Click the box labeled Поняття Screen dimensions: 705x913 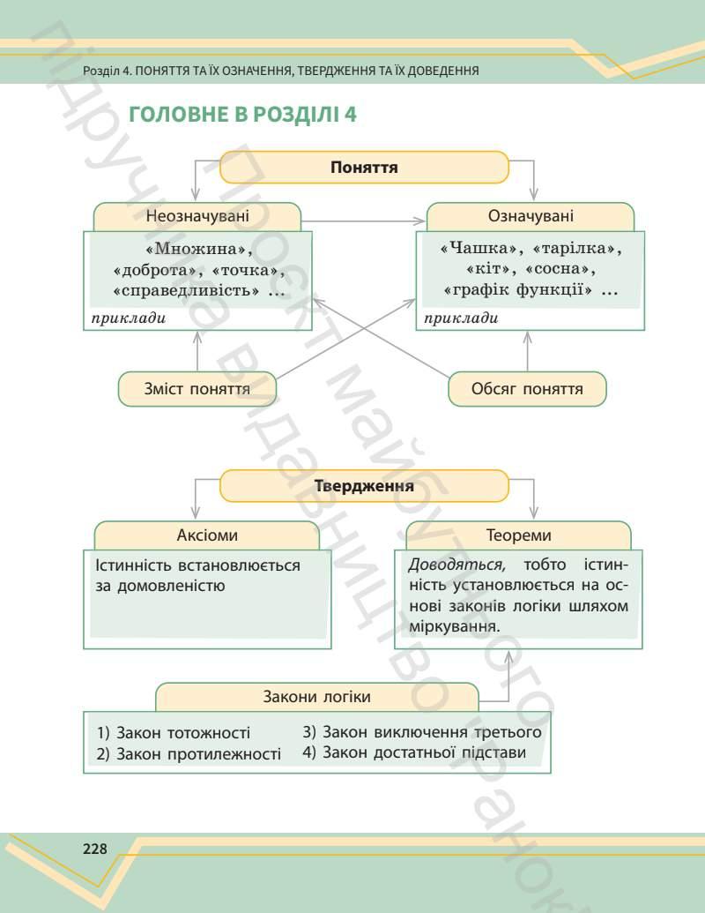tap(364, 167)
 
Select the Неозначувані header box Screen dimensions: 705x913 tap(197, 216)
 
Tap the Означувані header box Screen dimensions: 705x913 tap(530, 216)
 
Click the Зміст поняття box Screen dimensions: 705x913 tap(197, 389)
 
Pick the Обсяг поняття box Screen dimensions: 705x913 tap(527, 389)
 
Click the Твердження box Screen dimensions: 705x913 tap(364, 486)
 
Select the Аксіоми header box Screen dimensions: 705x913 tap(207, 535)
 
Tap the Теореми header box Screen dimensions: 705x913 tap(518, 535)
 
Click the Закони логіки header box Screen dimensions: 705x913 tap(316, 697)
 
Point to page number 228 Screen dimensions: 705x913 tap(94, 849)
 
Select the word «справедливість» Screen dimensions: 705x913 tap(186, 289)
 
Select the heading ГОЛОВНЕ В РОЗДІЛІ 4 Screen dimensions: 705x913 tap(242, 115)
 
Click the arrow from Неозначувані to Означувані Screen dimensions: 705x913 tap(364, 220)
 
